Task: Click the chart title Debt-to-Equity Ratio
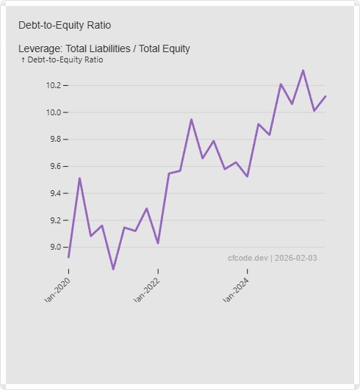coord(65,25)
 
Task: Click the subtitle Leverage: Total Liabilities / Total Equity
coord(104,48)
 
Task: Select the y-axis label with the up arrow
coord(62,59)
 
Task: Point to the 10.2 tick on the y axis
coord(54,85)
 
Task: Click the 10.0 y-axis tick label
coord(54,112)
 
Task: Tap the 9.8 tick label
coord(54,140)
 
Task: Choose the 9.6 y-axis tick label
coord(54,167)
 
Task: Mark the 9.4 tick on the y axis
coord(54,193)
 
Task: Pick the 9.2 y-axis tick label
coord(54,220)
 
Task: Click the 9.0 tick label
coord(54,248)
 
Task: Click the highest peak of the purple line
coord(303,71)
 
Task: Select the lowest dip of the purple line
coord(113,270)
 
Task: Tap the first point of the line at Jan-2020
coord(68,257)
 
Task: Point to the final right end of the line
coord(325,96)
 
